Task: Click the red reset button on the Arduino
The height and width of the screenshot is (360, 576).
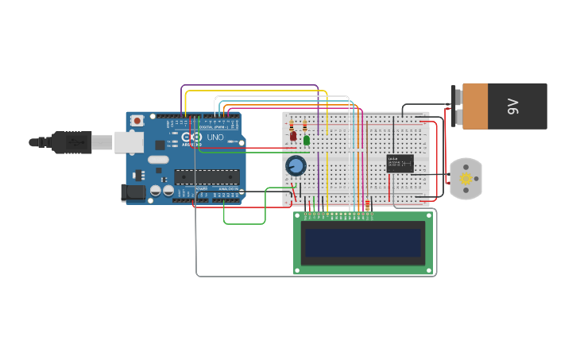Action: click(137, 121)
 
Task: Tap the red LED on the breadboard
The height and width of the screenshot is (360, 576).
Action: click(293, 137)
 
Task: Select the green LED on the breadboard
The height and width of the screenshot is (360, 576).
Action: click(307, 140)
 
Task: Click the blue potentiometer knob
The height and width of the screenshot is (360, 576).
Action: click(296, 165)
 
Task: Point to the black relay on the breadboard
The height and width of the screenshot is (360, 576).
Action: click(400, 163)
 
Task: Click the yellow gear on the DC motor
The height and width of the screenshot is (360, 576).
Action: click(466, 179)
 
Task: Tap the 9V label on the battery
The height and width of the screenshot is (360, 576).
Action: click(513, 106)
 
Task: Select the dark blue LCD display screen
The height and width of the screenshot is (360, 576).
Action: click(362, 242)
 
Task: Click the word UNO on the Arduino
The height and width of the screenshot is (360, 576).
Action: click(215, 137)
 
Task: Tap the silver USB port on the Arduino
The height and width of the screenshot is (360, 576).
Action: click(129, 142)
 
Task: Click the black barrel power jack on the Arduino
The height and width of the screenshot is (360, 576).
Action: click(133, 192)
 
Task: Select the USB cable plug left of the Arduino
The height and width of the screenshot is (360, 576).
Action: click(72, 141)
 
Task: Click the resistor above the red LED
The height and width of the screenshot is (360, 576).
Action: click(292, 126)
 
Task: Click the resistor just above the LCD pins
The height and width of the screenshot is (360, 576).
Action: click(367, 205)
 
